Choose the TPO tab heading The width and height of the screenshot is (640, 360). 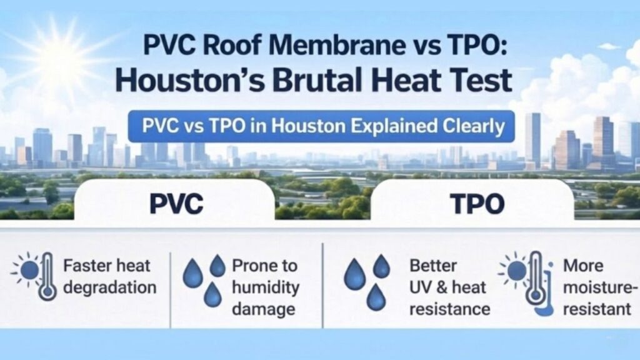coord(473,204)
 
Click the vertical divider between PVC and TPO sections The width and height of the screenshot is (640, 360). coord(322,284)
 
